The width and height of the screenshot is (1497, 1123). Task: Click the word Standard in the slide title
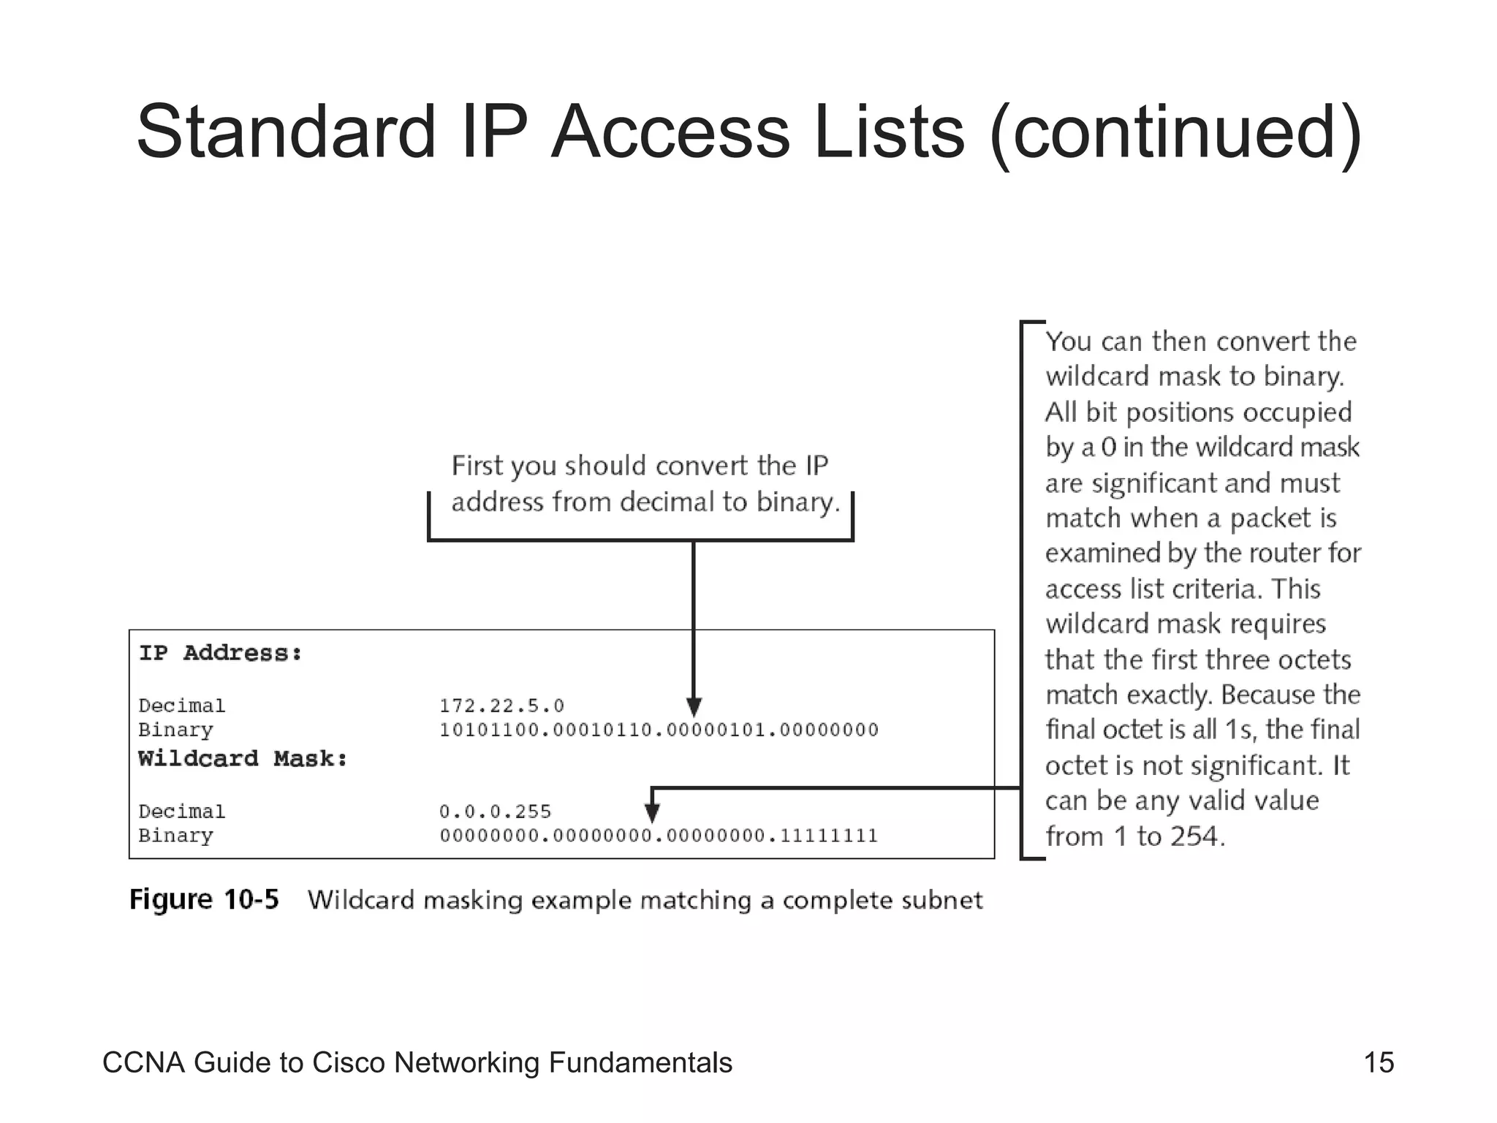(x=285, y=132)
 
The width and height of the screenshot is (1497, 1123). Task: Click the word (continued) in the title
(x=1175, y=133)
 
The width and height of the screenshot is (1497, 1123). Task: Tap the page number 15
(x=1379, y=1062)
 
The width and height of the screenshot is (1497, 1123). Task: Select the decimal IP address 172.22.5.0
(x=501, y=706)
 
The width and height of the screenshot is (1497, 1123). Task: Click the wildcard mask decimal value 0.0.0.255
(x=495, y=812)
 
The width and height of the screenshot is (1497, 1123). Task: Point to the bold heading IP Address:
(x=221, y=653)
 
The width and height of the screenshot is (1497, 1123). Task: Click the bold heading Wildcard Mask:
(x=243, y=759)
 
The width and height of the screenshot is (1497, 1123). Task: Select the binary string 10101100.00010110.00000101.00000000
(x=659, y=730)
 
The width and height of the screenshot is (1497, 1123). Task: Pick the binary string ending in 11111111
(x=659, y=836)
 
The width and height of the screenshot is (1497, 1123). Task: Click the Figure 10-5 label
(x=204, y=899)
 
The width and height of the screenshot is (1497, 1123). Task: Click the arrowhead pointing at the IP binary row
(x=694, y=706)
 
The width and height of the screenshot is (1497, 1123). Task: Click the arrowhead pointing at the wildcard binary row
(x=653, y=812)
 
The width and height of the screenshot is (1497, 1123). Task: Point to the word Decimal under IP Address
(x=182, y=706)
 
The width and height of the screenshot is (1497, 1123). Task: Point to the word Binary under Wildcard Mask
(x=175, y=836)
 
